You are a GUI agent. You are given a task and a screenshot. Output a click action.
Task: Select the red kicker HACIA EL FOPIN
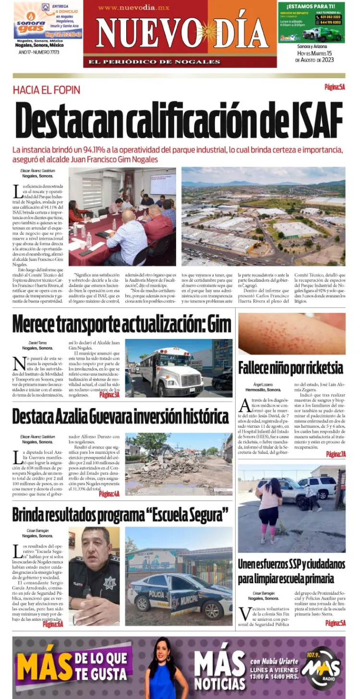tap(46, 90)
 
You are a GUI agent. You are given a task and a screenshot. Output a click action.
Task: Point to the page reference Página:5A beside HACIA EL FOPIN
tap(335, 87)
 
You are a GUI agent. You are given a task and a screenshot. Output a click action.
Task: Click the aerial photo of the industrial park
tap(263, 216)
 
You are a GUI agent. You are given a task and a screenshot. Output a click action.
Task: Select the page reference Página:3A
tap(109, 394)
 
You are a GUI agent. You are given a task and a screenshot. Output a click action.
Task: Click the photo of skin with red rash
tap(291, 334)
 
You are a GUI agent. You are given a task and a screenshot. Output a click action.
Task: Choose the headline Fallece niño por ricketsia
tap(290, 368)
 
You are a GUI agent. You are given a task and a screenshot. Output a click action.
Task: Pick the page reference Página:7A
tap(336, 454)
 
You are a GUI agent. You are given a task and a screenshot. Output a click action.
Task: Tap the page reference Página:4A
tap(109, 494)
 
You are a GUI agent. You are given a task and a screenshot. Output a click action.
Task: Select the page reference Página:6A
tap(53, 624)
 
